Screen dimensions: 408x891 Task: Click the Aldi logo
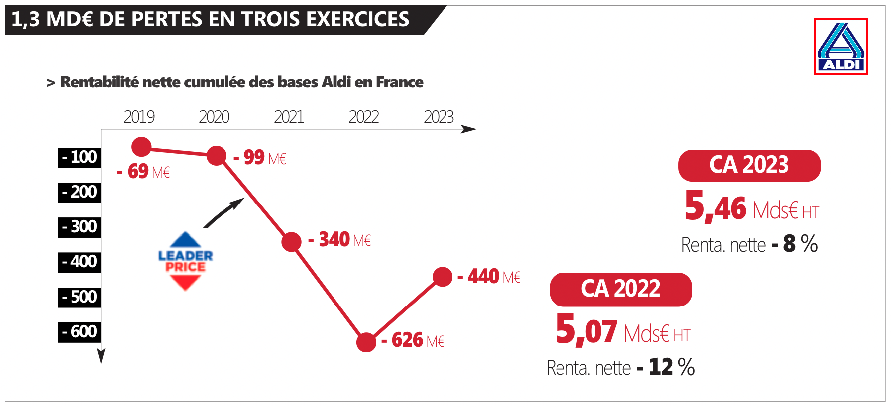point(841,47)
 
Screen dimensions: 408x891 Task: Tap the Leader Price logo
point(185,261)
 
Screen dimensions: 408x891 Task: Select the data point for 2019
point(141,147)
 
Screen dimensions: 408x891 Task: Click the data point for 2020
point(217,156)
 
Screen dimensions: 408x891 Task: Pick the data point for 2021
point(291,242)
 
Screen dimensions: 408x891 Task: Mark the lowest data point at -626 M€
point(366,342)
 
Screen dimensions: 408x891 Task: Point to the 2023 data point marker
point(443,277)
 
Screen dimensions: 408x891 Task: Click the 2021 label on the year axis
point(289,117)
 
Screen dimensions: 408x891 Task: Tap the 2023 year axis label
point(439,117)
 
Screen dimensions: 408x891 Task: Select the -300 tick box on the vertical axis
point(80,227)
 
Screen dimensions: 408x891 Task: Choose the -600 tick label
point(80,332)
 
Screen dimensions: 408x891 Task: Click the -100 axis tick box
point(80,157)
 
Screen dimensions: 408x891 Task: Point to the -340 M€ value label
point(339,240)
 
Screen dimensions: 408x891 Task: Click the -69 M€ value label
point(144,172)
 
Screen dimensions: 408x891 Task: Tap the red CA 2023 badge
point(749,165)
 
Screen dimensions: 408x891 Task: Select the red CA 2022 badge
point(621,289)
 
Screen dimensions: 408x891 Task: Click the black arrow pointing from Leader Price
point(224,212)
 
